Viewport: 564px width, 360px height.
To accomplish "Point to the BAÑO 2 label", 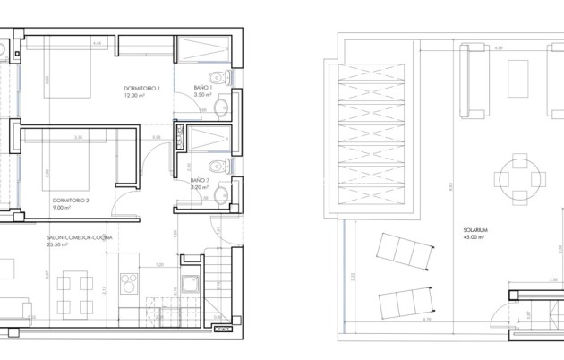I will click(199, 181).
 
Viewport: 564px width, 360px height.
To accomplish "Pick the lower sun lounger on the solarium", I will click(404, 296).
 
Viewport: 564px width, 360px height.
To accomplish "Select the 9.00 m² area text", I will click(62, 207).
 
